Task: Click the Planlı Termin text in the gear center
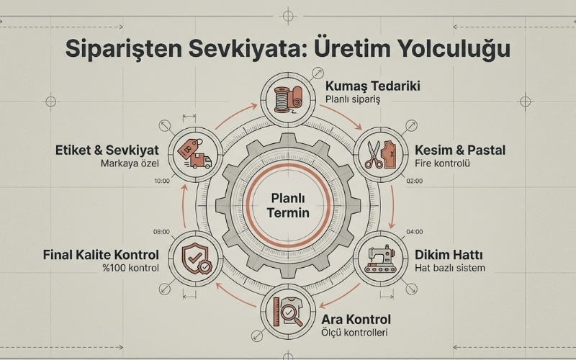point(287,206)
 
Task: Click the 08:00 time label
point(161,232)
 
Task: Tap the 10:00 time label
point(161,181)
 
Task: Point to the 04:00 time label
point(414,232)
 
